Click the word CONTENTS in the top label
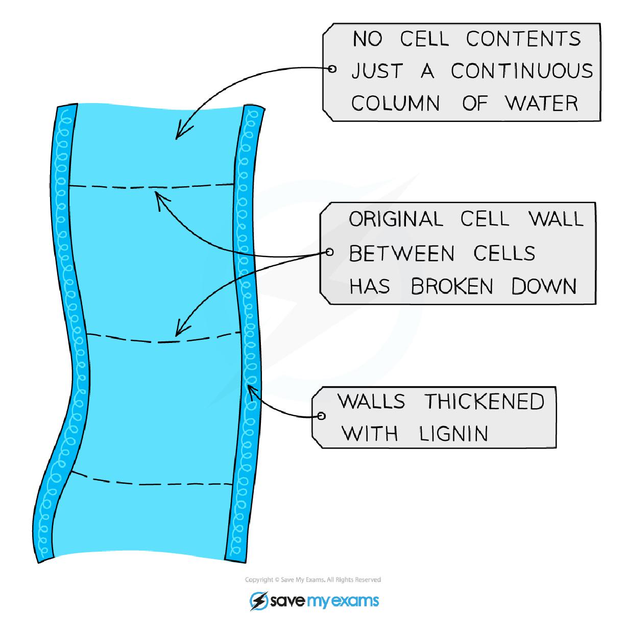pyautogui.click(x=523, y=39)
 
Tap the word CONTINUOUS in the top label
pyautogui.click(x=522, y=71)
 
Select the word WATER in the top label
pyautogui.click(x=542, y=104)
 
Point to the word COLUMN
pyautogui.click(x=396, y=104)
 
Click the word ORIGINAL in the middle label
pyautogui.click(x=396, y=220)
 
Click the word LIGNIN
pyautogui.click(x=454, y=434)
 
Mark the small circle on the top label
pyautogui.click(x=332, y=69)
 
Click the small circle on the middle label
pyautogui.click(x=329, y=252)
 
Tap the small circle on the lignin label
pyautogui.click(x=321, y=416)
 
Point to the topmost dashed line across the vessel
pyautogui.click(x=151, y=187)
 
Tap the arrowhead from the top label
pyautogui.click(x=179, y=134)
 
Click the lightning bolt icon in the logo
pyautogui.click(x=259, y=600)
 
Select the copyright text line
pyautogui.click(x=313, y=580)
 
